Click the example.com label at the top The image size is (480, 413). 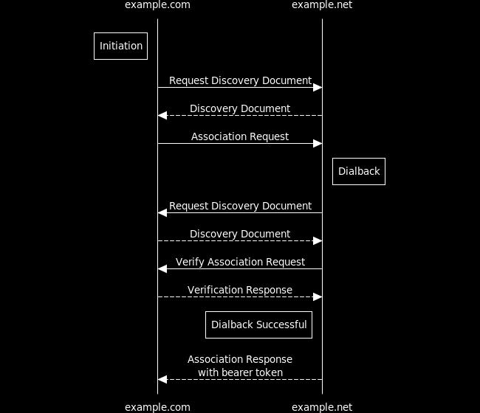[157, 5]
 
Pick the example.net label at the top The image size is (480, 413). [322, 5]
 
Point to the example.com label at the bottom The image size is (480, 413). [157, 407]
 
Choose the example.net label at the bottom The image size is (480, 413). [322, 407]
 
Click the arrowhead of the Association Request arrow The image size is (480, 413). [318, 143]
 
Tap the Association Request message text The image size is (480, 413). [240, 136]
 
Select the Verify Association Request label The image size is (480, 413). [240, 262]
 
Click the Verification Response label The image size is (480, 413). [240, 290]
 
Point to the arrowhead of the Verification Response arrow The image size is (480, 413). [318, 296]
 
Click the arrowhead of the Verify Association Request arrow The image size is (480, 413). [162, 269]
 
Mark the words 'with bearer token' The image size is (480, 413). [240, 372]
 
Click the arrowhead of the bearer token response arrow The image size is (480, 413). [162, 380]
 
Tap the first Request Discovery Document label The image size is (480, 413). [240, 80]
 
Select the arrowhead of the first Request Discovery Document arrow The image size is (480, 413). [318, 88]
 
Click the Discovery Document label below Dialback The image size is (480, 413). [240, 234]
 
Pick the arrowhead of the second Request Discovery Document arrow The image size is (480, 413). [162, 213]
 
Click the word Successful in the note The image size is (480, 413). [283, 324]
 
